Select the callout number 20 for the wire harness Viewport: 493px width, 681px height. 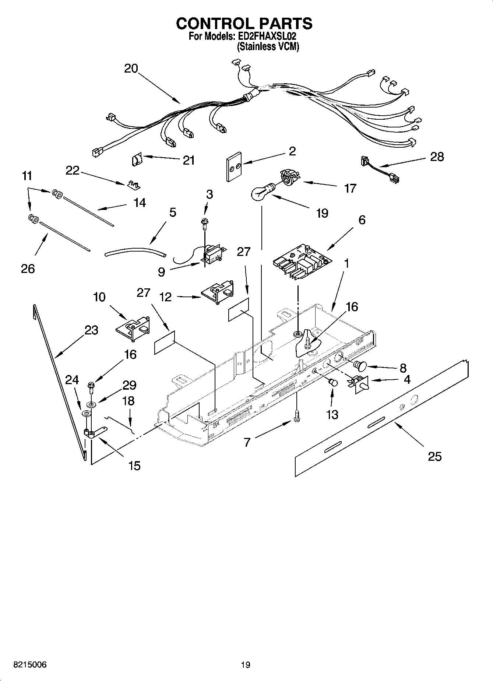[131, 69]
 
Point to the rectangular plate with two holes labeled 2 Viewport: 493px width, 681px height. [234, 166]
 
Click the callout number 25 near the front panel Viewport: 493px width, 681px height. [434, 457]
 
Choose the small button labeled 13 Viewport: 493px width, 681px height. [334, 382]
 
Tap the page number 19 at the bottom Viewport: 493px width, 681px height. [246, 665]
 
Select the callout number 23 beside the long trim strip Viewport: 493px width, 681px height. [91, 330]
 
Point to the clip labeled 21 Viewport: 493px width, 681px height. [137, 160]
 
